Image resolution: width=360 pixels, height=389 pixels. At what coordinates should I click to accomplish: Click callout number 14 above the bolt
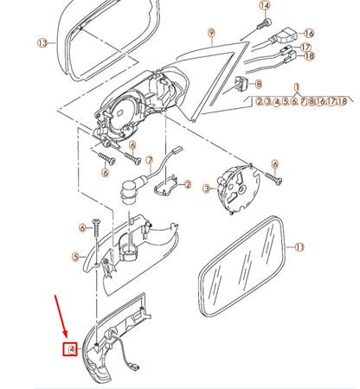(x=265, y=6)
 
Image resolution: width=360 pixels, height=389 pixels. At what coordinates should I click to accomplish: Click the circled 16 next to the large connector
(x=309, y=34)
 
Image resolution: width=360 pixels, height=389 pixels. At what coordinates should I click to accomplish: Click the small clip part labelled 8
(x=241, y=84)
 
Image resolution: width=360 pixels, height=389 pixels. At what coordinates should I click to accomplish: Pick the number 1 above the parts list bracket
(x=297, y=87)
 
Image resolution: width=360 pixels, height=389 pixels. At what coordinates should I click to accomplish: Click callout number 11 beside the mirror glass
(x=299, y=246)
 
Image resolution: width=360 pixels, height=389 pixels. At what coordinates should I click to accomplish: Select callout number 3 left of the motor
(x=206, y=187)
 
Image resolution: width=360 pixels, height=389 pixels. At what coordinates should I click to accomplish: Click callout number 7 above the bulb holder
(x=149, y=161)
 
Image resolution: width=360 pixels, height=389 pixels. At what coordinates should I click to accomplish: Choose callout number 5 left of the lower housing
(x=75, y=256)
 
